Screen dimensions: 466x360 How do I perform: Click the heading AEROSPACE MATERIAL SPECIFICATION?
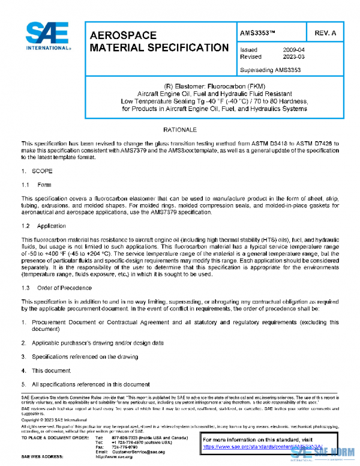pyautogui.click(x=158, y=41)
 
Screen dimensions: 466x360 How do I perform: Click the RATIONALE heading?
pyautogui.click(x=181, y=130)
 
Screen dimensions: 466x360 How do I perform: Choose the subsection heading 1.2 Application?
pyautogui.click(x=44, y=226)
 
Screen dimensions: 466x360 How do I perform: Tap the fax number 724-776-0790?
pyautogui.click(x=124, y=447)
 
